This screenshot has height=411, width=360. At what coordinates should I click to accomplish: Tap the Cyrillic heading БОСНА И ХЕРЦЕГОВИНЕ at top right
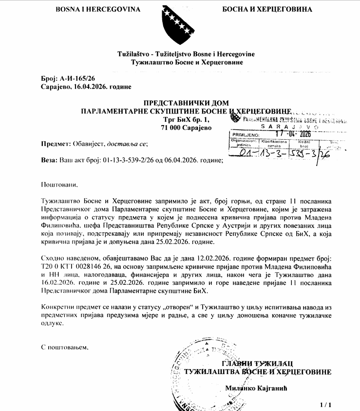267,9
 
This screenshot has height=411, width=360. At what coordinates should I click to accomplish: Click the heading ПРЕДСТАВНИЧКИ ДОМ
186,103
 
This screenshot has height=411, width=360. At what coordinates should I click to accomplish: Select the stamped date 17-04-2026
292,133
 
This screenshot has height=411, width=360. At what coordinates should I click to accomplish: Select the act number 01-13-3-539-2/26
133,160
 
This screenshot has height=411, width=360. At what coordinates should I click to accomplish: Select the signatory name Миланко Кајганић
259,388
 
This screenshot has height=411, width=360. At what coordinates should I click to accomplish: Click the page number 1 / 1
325,405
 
